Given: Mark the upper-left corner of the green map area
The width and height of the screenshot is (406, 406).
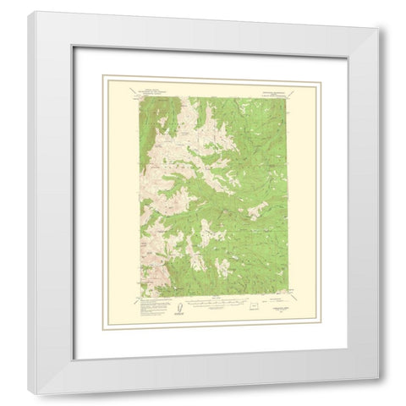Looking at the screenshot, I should coord(140,96).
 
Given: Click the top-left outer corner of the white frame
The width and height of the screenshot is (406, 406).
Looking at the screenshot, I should coord(28,11).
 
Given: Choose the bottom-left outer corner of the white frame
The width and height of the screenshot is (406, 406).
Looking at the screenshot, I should coord(28,394).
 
